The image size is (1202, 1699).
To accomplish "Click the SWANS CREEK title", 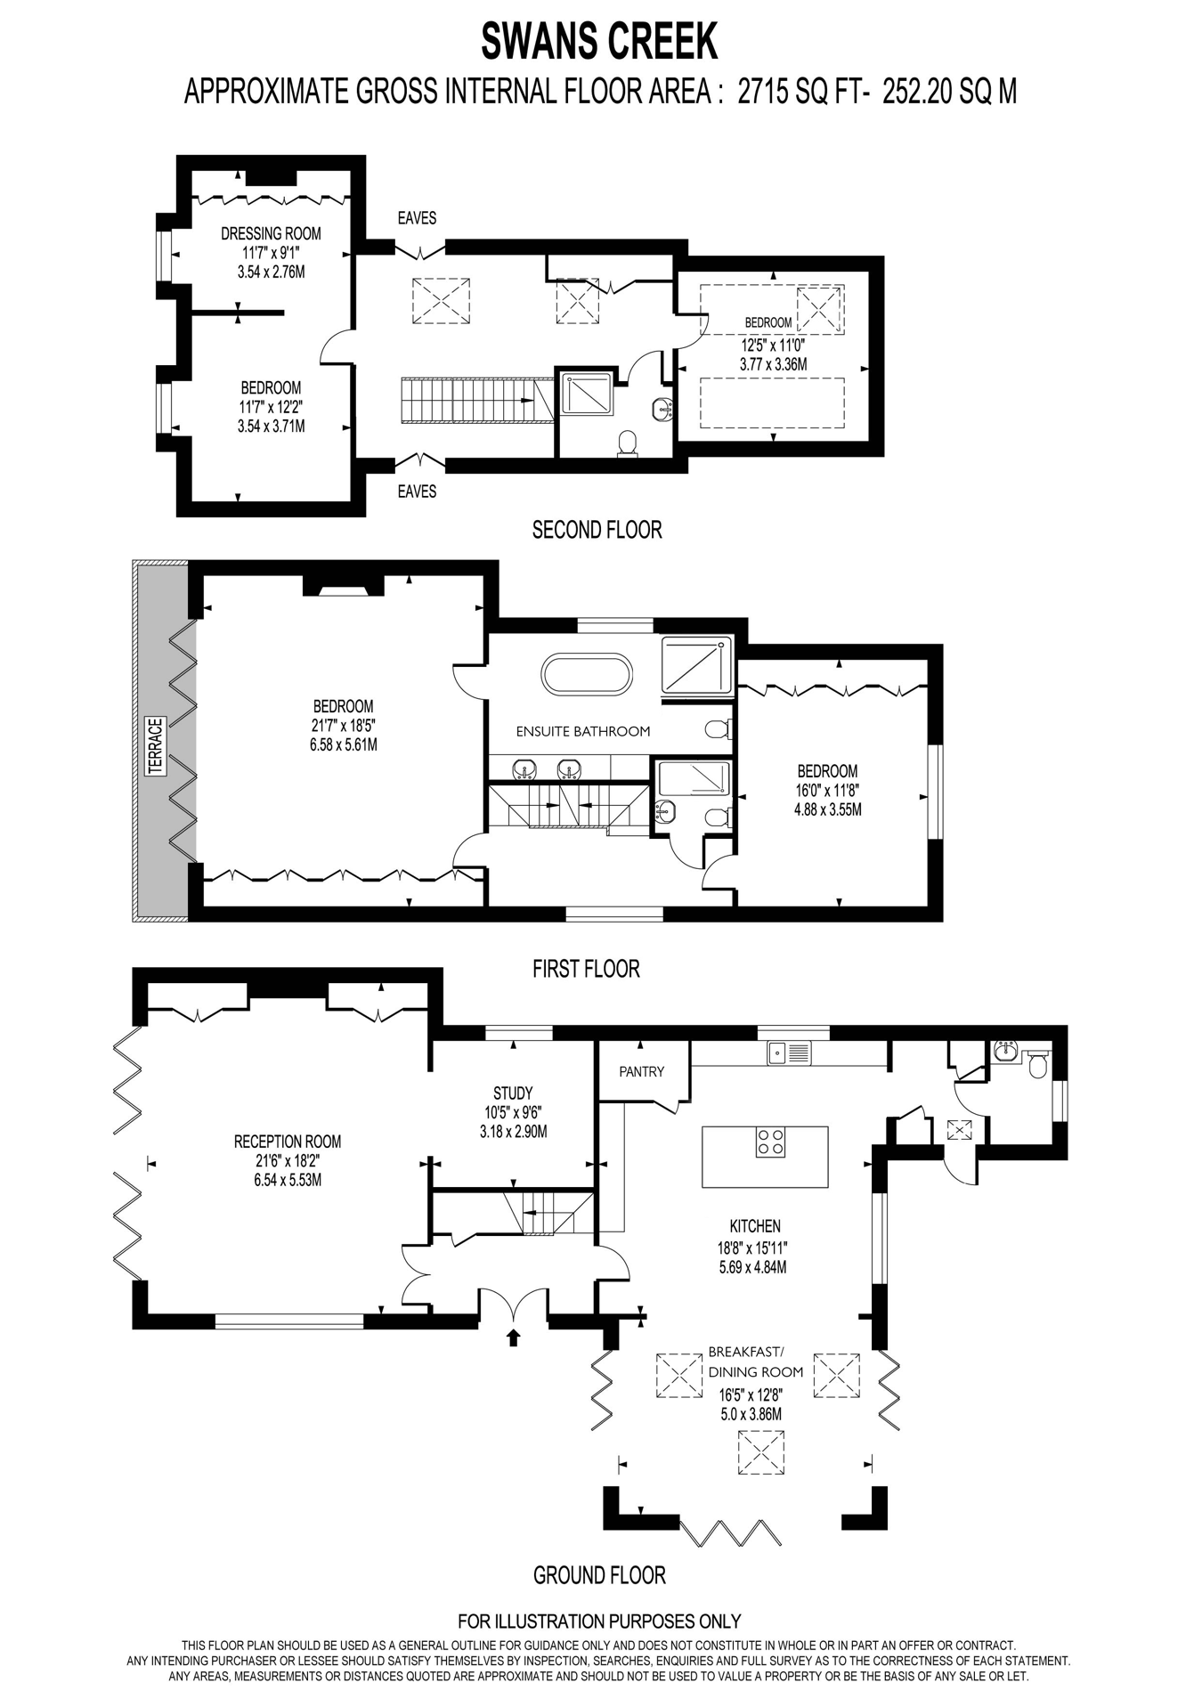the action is pos(599,41).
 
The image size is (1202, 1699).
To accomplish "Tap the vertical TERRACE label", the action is pos(157,745).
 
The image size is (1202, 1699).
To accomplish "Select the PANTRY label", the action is pos(641,1071).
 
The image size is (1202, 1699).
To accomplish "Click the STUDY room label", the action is pos(513,1093).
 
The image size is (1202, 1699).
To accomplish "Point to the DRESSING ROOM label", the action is pos(271,233).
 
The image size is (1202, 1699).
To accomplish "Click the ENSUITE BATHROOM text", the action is pos(583,731).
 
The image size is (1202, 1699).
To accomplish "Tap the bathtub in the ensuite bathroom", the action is pos(588,675).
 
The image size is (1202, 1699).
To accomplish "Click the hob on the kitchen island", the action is pos(770,1142).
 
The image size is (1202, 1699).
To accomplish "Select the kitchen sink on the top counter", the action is pos(790,1053).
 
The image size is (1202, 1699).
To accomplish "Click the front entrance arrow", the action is pos(513,1337).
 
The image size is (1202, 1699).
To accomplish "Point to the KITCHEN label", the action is pos(755,1226).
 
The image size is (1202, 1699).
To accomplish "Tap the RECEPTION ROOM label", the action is pos(288,1142).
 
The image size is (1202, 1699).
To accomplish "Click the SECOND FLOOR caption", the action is pos(597,530).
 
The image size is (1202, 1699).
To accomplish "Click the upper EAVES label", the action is pos(417,217).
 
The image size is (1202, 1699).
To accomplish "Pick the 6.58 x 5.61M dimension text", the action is pos(344,744).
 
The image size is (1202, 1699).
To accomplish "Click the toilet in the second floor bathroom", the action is pos(628,443).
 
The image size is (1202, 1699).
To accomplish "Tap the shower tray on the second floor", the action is pos(587,393).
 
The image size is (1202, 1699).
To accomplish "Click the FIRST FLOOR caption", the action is pos(586,968).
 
